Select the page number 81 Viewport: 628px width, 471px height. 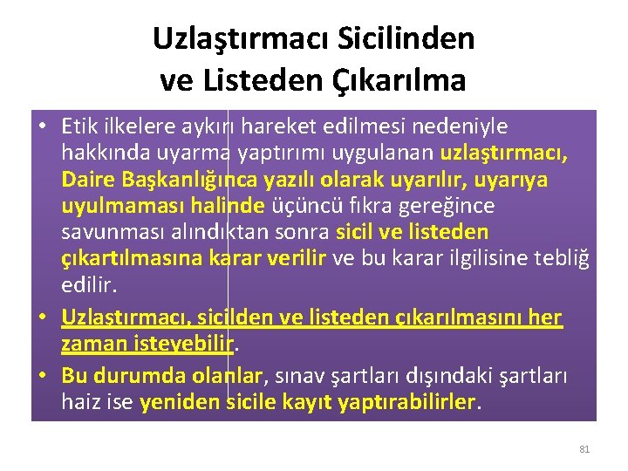pyautogui.click(x=584, y=449)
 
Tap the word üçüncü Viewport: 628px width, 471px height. pyautogui.click(x=298, y=206)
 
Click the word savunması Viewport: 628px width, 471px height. pyautogui.click(x=106, y=233)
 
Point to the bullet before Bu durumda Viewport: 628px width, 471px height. pyautogui.click(x=42, y=377)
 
